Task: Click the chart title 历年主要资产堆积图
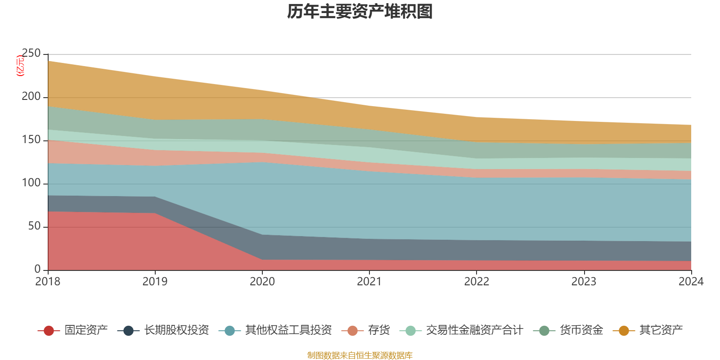pos(360,12)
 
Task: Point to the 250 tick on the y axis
pos(31,54)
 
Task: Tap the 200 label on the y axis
pos(31,97)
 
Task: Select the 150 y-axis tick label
pos(31,140)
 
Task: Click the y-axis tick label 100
pos(31,183)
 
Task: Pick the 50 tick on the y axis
pos(34,226)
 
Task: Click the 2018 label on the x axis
pos(48,282)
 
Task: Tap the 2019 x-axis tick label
pos(155,282)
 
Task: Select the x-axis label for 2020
pos(262,282)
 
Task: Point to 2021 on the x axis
pos(369,282)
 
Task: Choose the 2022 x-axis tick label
pos(477,282)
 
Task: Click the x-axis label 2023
pos(584,282)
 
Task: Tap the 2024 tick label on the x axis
pos(691,282)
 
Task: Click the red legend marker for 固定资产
pos(49,331)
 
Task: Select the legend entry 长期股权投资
pos(176,330)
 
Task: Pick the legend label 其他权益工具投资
pos(288,330)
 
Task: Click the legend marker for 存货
pos(352,331)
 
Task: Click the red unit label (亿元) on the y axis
pos(20,66)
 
